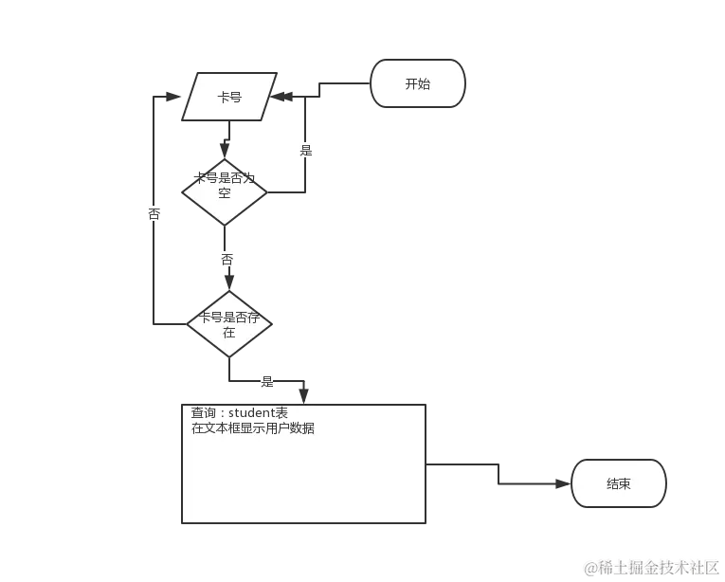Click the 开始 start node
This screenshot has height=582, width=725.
pyautogui.click(x=418, y=84)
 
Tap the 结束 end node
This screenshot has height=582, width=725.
pyautogui.click(x=618, y=484)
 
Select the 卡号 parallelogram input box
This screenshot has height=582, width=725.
pyautogui.click(x=229, y=97)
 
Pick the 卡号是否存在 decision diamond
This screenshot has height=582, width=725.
pyautogui.click(x=228, y=324)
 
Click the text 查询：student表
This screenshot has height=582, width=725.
pyautogui.click(x=239, y=413)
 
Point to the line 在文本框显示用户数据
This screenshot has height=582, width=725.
pyautogui.click(x=253, y=428)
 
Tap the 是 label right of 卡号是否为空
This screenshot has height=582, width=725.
pyautogui.click(x=305, y=150)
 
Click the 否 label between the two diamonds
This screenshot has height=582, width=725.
pyautogui.click(x=227, y=259)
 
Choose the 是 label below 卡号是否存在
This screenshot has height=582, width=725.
pyautogui.click(x=266, y=383)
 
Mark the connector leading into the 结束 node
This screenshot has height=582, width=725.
pyautogui.click(x=531, y=482)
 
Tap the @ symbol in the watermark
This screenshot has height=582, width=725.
pyautogui.click(x=590, y=568)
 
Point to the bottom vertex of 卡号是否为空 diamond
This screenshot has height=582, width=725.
pyautogui.click(x=224, y=225)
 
